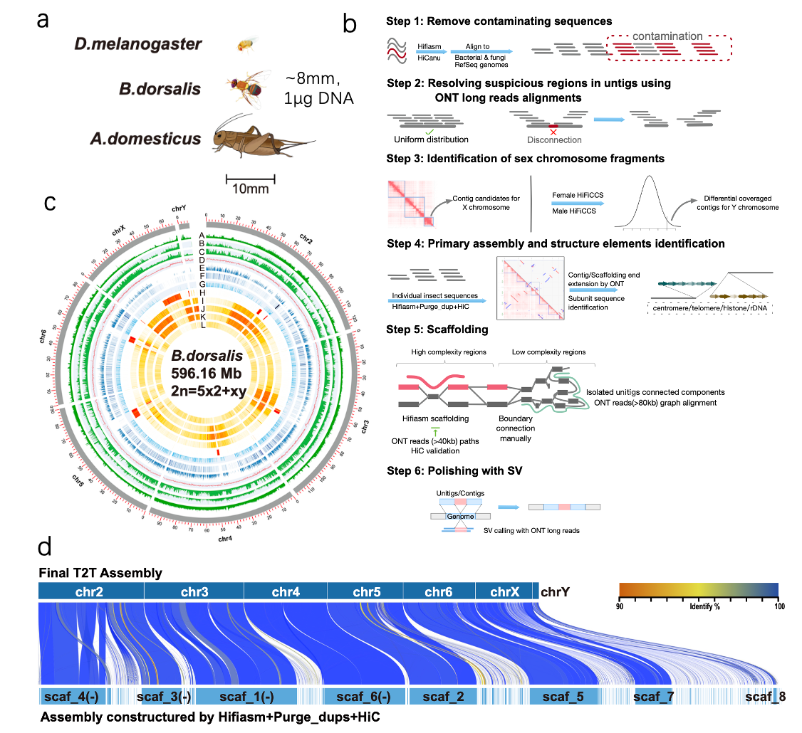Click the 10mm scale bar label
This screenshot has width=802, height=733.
(250, 189)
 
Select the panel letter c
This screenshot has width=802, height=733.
(50, 203)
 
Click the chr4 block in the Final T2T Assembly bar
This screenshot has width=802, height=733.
(286, 591)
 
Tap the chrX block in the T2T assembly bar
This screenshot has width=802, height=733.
(504, 591)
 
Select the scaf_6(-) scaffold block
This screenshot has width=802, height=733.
(356, 697)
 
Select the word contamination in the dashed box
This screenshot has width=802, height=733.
(667, 36)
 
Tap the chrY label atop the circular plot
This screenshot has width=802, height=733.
(179, 209)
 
